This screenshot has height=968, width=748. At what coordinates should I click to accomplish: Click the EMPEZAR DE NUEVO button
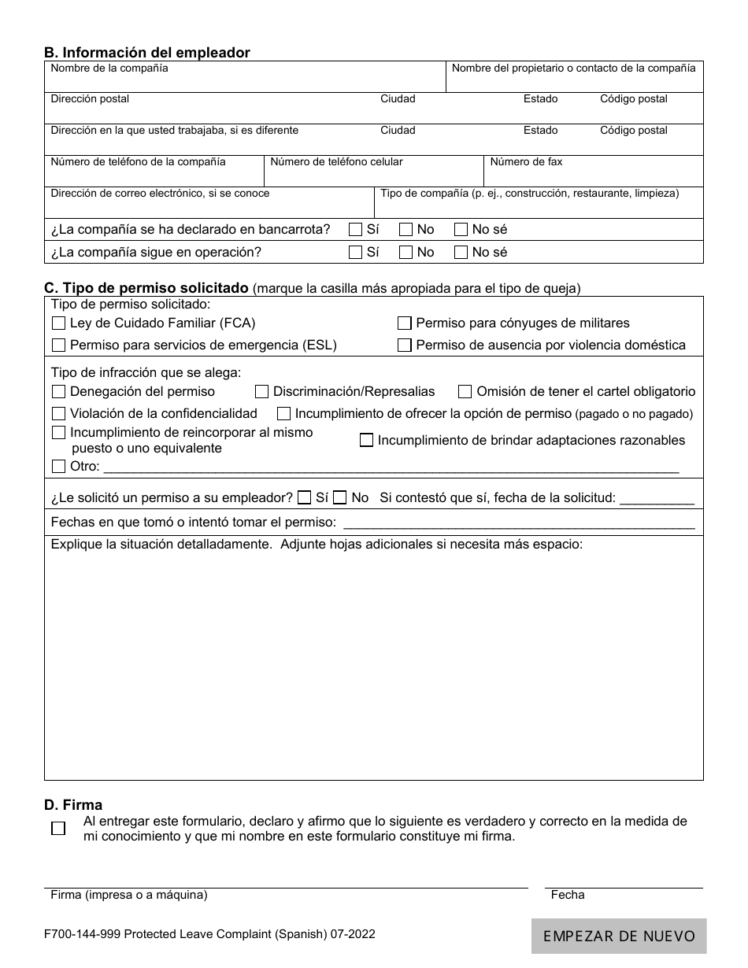click(x=619, y=936)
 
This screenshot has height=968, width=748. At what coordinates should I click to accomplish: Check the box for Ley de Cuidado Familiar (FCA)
click(x=59, y=323)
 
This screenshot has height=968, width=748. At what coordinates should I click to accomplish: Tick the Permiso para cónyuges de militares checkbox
click(x=405, y=323)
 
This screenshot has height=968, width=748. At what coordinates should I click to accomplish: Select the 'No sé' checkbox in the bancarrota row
click(x=461, y=230)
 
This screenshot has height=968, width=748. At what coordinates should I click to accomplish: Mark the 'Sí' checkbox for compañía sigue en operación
click(x=356, y=253)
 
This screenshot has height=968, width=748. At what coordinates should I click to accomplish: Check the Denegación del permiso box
click(x=59, y=392)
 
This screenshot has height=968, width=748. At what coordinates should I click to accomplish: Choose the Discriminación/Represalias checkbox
click(x=262, y=392)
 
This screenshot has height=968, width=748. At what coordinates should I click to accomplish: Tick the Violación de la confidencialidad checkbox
click(x=59, y=414)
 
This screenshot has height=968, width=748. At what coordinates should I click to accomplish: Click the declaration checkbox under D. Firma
click(x=58, y=829)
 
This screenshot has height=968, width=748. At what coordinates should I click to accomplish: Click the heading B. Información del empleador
click(x=147, y=53)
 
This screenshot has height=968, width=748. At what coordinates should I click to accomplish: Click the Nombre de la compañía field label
click(x=109, y=68)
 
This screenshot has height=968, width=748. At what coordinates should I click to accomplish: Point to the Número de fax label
click(x=526, y=162)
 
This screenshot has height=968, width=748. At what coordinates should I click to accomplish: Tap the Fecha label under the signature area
click(x=568, y=895)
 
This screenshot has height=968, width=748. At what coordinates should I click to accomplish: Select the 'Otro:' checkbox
click(x=59, y=467)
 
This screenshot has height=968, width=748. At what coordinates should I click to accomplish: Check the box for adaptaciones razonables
click(x=366, y=441)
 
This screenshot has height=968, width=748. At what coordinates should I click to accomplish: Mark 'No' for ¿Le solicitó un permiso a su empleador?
click(x=340, y=498)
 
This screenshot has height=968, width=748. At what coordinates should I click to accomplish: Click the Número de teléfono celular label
click(x=336, y=162)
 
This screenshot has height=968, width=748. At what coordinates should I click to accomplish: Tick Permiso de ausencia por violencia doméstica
click(x=405, y=345)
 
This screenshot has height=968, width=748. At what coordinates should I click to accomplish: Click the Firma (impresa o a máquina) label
click(x=129, y=895)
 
